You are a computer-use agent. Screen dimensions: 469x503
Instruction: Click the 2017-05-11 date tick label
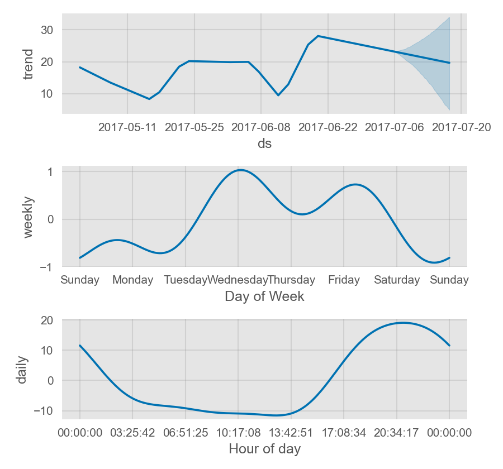127,127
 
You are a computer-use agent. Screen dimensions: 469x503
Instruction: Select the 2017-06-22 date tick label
328,127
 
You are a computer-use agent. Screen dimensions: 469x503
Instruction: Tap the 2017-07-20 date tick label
462,127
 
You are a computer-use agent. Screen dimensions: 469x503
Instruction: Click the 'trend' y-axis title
28,64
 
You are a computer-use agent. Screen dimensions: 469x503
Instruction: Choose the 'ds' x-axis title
264,144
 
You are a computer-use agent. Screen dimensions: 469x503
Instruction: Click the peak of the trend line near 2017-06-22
318,36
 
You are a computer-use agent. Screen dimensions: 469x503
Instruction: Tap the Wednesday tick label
238,280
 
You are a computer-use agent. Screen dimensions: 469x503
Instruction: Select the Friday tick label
344,280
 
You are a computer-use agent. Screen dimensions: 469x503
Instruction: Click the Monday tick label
132,280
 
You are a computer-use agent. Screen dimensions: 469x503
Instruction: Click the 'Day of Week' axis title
264,296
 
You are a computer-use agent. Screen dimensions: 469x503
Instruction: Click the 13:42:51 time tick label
291,432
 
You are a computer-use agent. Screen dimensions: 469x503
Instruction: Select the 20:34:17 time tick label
396,432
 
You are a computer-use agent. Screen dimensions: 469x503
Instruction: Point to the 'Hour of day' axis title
264,449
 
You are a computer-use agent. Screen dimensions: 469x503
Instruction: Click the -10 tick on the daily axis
45,410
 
